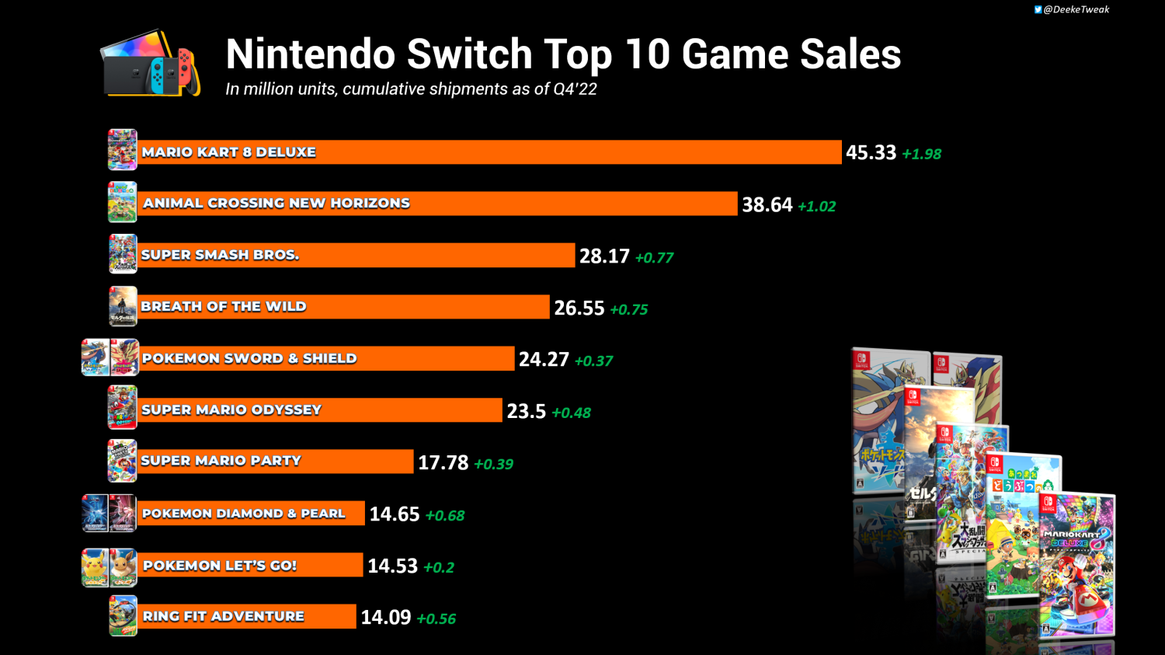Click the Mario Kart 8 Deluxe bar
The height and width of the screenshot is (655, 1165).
[489, 152]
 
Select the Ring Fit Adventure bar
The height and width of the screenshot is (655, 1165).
[247, 616]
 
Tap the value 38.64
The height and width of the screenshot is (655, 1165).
[767, 204]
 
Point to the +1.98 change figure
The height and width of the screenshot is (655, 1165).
[921, 154]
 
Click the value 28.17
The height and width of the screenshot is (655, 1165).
[604, 256]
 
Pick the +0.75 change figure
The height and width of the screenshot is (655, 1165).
[628, 309]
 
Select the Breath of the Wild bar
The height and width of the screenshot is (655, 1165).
[344, 307]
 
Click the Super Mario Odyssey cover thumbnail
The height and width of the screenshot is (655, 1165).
[123, 407]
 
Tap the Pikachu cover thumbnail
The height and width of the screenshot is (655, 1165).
[95, 567]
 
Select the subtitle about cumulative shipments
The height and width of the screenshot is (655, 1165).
[411, 89]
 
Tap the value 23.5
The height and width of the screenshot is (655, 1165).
[526, 411]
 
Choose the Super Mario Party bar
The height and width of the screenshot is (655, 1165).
[276, 462]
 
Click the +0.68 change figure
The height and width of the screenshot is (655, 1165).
[444, 515]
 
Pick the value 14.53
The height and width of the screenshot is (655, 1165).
[392, 566]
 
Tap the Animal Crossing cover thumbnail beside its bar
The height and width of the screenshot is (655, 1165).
[123, 202]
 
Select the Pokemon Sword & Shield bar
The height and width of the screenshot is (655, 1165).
[326, 358]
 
